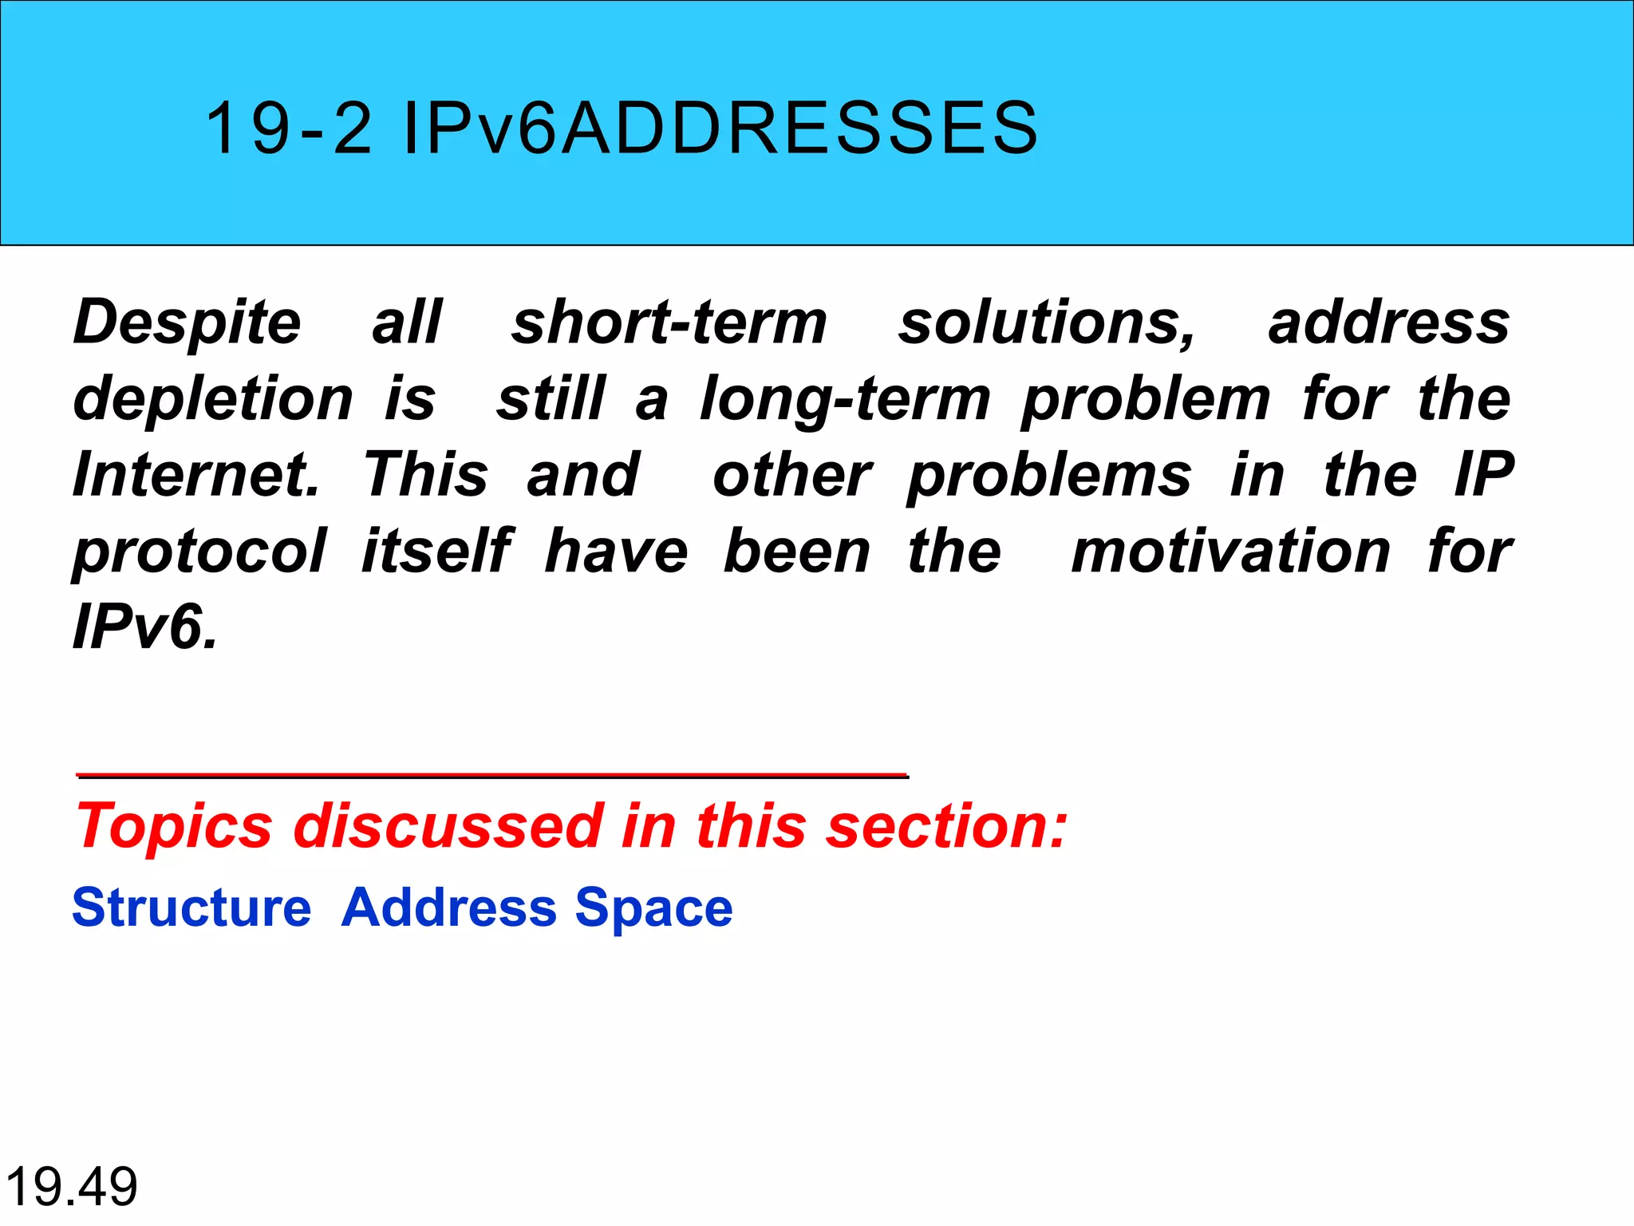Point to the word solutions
pos(1046,323)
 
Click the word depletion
pos(213,398)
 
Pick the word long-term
pos(846,398)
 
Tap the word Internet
pos(195,474)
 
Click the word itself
pos(436,550)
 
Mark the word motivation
pos(1231,551)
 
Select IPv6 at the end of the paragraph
pos(144,627)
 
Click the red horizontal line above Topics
pos(492,775)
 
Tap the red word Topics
pos(174,827)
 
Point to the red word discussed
pos(448,825)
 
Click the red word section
pos(945,825)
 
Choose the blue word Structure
pos(191,908)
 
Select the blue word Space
pos(653,908)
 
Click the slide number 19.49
pos(72,1186)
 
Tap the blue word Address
pos(448,908)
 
